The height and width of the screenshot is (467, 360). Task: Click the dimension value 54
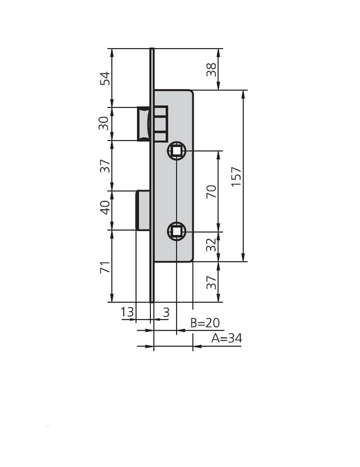click(x=105, y=78)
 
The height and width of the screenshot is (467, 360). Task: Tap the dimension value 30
click(x=104, y=123)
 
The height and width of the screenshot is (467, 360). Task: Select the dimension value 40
click(x=105, y=207)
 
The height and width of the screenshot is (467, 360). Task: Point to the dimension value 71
click(x=105, y=268)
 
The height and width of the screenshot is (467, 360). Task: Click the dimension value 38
click(x=211, y=70)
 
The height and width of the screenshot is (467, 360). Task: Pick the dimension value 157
click(x=236, y=177)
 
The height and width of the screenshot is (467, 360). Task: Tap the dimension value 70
click(x=211, y=191)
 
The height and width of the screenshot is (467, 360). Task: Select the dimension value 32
click(x=211, y=245)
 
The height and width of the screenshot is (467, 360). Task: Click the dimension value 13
click(x=127, y=312)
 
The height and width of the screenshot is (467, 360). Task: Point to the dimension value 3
click(x=166, y=312)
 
